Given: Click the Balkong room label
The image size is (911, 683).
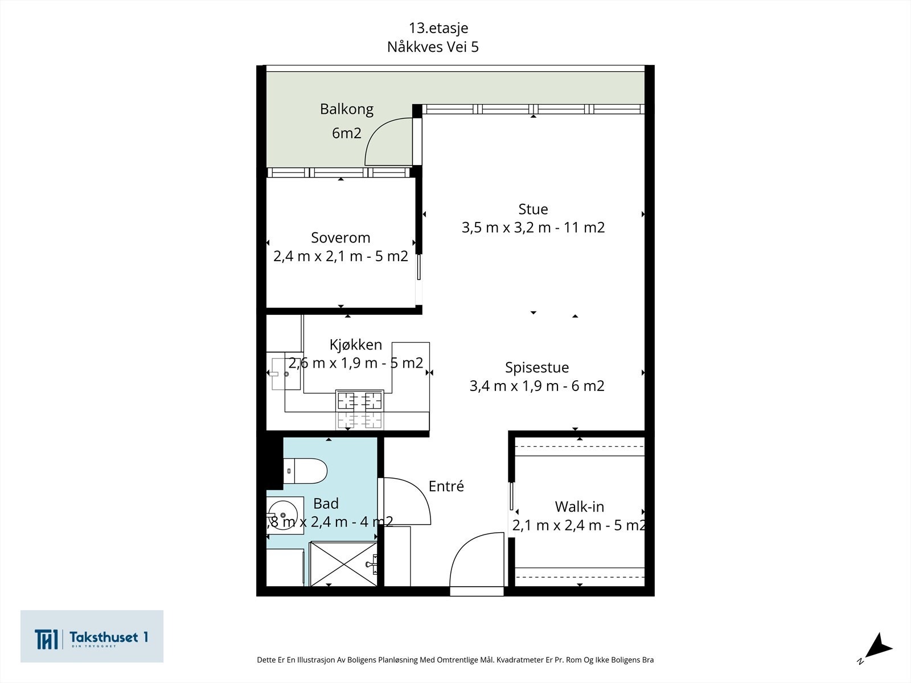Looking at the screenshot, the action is click(x=347, y=109).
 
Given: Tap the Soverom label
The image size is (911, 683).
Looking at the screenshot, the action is click(x=340, y=237).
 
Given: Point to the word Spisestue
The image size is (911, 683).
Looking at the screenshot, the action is click(x=537, y=368).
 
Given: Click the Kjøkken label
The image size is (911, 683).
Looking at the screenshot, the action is click(x=356, y=344).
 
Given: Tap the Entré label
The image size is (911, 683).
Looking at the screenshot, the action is click(x=446, y=486).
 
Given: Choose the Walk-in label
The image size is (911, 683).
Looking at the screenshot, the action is click(x=580, y=507).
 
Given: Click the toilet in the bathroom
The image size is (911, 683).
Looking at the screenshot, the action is click(x=305, y=471).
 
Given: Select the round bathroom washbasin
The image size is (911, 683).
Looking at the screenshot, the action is click(x=282, y=515).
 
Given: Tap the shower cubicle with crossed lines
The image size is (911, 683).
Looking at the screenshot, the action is click(x=343, y=563).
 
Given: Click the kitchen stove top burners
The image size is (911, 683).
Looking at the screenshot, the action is click(x=360, y=409).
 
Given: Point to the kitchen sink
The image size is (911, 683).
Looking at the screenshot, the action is click(x=286, y=373).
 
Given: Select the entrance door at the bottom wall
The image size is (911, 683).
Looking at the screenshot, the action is click(x=477, y=564).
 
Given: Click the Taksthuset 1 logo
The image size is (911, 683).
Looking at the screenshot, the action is click(x=92, y=636).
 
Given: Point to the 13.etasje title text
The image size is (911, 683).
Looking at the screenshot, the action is click(x=438, y=28).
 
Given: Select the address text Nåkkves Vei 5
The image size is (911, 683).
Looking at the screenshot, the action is click(x=433, y=47).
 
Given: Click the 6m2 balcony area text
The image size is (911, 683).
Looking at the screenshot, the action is click(x=347, y=133).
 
